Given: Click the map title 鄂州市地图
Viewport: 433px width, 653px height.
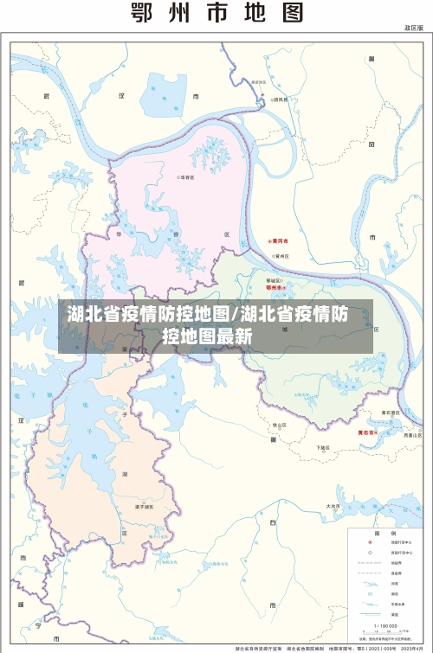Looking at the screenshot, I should tap(216, 14).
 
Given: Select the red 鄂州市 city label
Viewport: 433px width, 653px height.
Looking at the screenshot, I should tap(275, 287).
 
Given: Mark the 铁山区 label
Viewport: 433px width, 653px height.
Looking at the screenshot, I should tap(279, 426).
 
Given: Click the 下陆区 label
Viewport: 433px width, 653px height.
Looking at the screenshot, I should tap(323, 447).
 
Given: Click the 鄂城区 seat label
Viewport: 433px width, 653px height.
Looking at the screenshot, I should tap(273, 280).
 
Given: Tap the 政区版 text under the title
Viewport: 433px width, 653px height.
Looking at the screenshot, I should tap(412, 29).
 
